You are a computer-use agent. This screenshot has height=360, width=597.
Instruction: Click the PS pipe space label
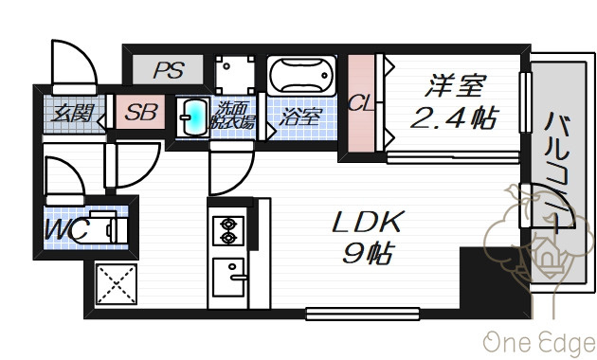(x=169, y=70)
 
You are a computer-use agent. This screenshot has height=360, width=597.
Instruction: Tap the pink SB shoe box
(x=140, y=112)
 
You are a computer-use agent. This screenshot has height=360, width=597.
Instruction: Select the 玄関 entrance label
(x=73, y=113)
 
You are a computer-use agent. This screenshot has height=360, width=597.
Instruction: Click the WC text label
(x=66, y=229)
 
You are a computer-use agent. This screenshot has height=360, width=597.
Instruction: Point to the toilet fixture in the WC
(x=102, y=227)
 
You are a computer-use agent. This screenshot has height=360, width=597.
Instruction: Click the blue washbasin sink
(x=194, y=117)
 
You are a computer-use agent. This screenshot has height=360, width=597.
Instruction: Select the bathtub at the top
(x=301, y=76)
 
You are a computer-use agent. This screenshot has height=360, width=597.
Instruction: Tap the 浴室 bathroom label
(x=300, y=117)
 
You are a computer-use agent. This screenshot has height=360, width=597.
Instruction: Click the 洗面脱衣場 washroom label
(x=233, y=116)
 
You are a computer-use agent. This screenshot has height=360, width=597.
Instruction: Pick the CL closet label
(x=360, y=102)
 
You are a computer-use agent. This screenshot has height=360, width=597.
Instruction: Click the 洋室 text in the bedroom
(x=456, y=85)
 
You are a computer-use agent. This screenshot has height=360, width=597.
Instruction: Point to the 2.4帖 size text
(x=454, y=117)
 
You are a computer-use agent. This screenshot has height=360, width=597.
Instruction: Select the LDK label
(x=368, y=222)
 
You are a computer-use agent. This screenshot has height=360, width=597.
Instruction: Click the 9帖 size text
(x=368, y=253)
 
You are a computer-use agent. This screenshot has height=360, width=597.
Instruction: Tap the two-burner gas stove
(x=228, y=230)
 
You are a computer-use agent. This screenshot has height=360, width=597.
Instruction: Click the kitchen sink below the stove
(x=228, y=278)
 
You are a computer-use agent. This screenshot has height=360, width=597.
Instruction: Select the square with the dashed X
(x=117, y=284)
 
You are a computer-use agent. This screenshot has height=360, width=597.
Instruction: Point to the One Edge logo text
(x=539, y=343)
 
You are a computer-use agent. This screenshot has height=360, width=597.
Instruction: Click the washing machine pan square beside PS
(x=235, y=75)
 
